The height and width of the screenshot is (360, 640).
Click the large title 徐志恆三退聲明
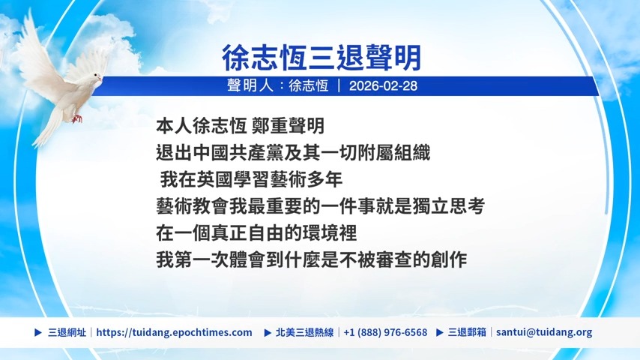321,58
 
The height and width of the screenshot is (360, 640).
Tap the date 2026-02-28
383,85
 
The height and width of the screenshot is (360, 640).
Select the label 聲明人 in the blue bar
250,85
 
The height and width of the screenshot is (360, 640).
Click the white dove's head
95,76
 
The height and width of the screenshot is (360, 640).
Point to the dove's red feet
76,118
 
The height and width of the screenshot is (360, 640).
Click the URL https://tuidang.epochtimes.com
175,332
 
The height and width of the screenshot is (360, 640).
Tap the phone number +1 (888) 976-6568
385,332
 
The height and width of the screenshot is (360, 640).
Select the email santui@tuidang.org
544,332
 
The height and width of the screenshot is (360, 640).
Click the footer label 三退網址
67,332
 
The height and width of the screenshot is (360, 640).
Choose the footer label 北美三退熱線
304,332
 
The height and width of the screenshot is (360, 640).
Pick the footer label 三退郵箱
467,332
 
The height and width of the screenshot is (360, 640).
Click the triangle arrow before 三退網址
38,332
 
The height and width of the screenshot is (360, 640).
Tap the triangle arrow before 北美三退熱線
268,332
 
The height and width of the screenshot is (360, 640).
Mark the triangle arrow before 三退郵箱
440,332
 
